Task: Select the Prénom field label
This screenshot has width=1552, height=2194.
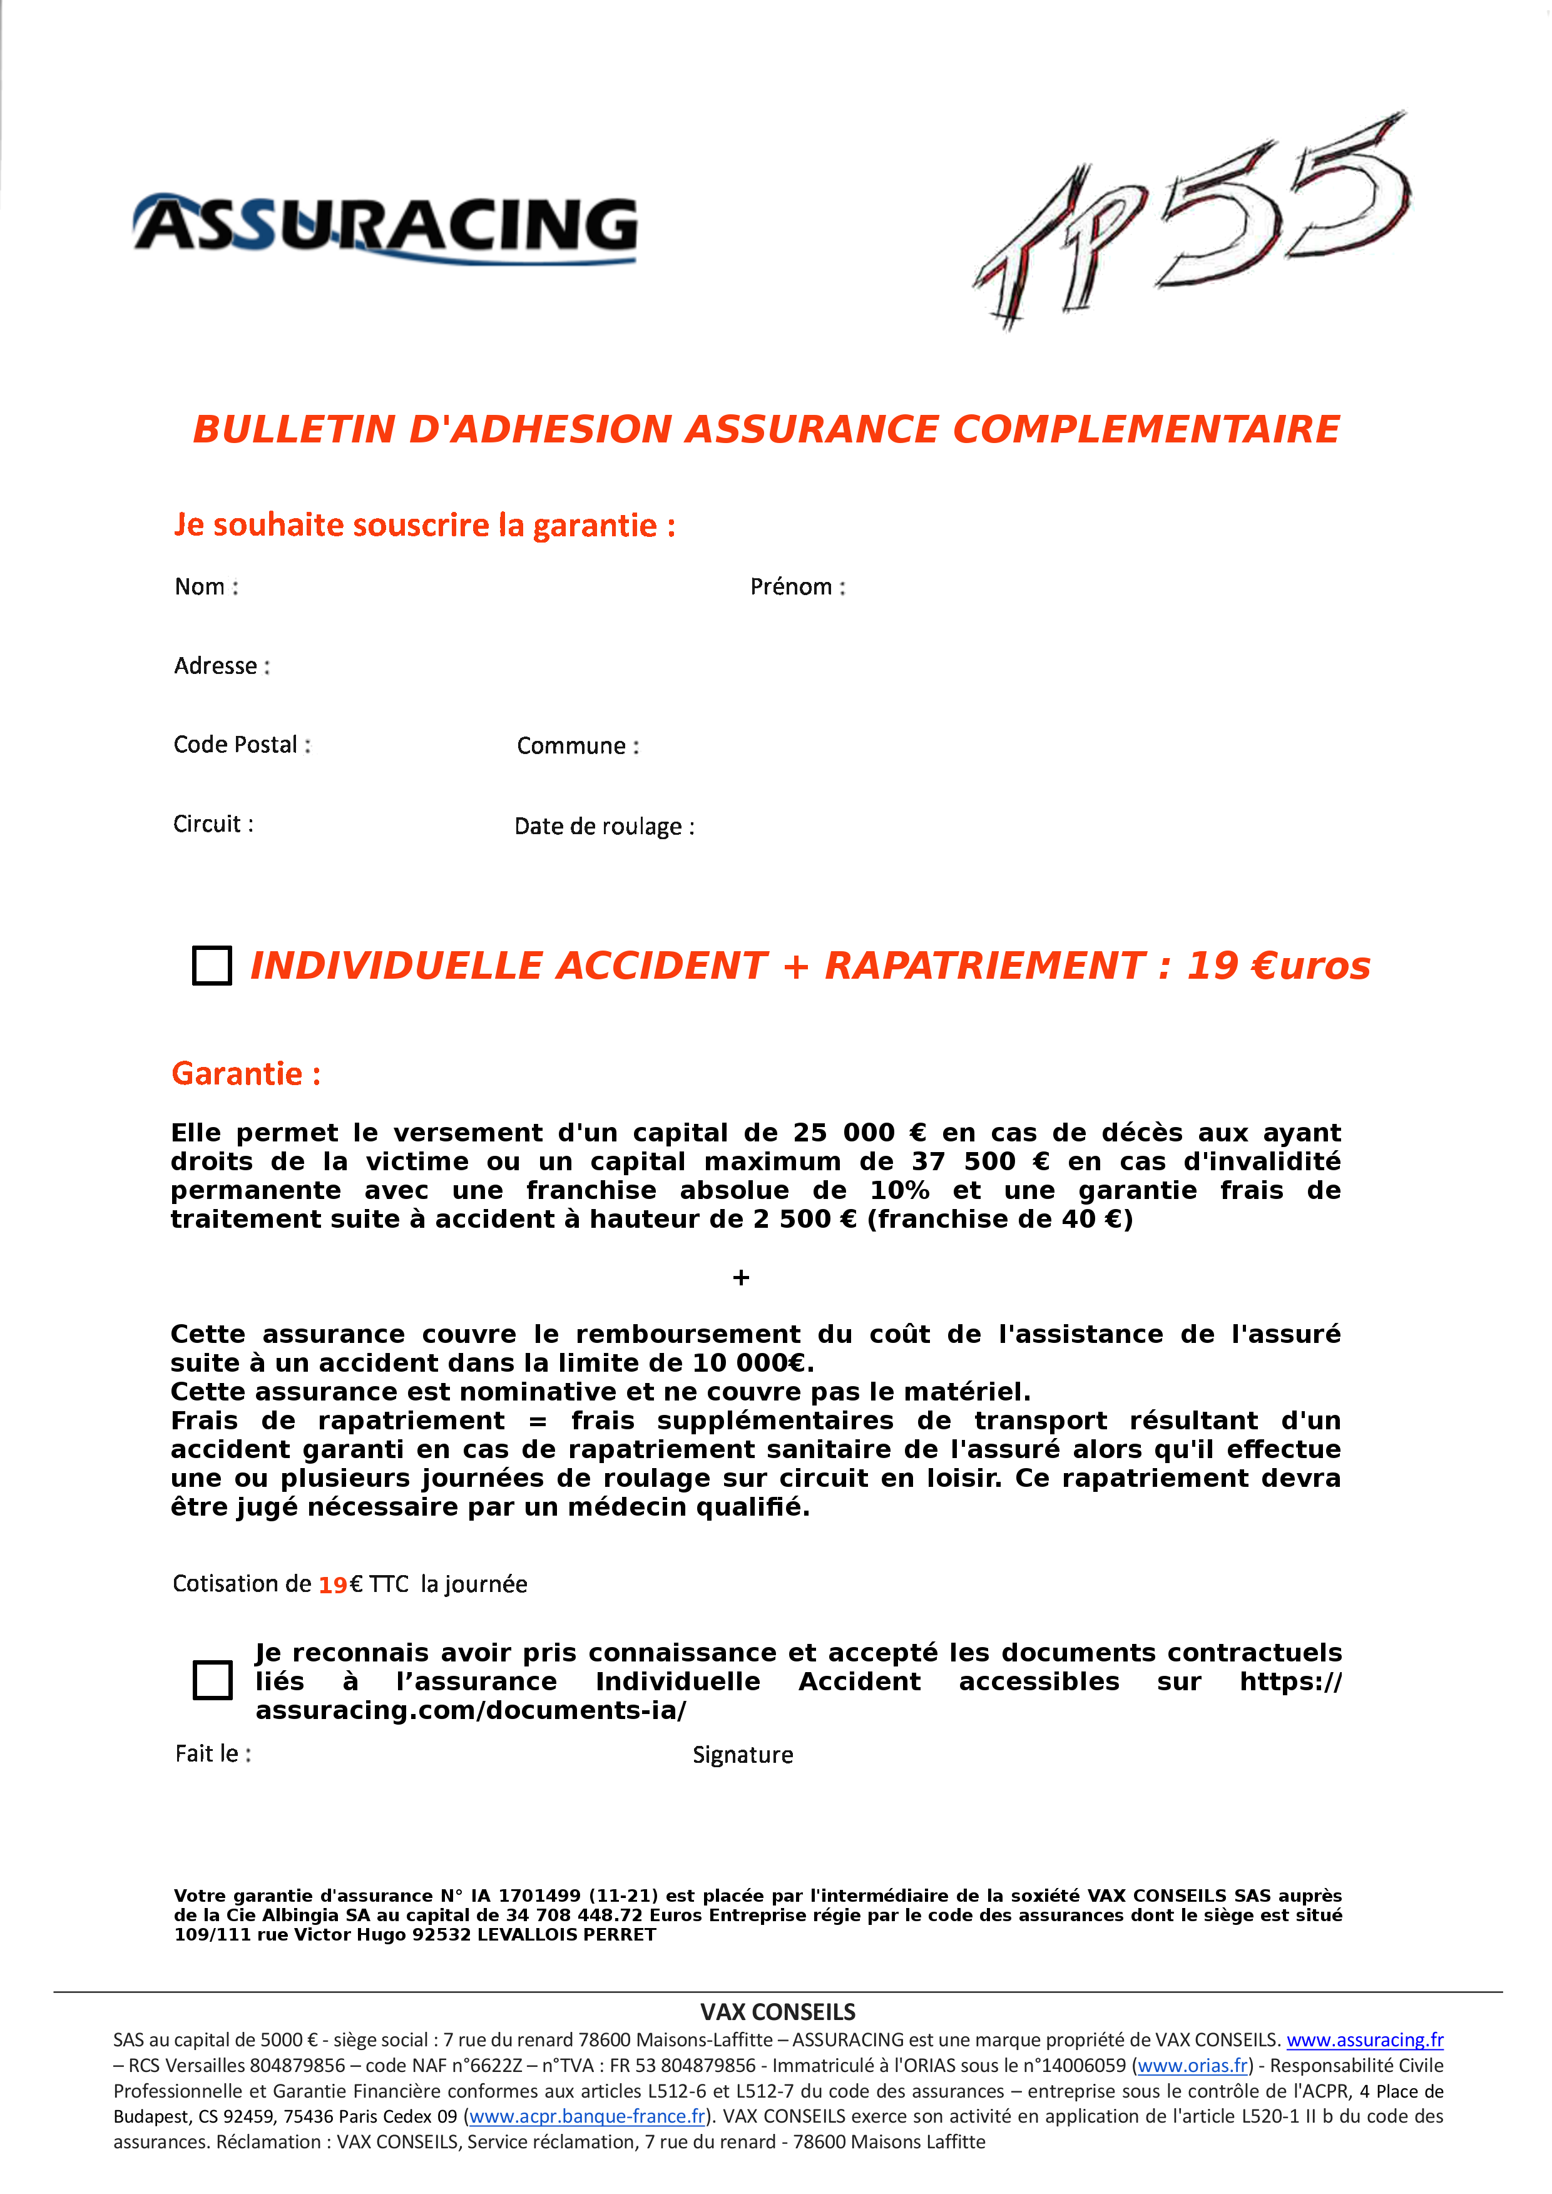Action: pos(797,587)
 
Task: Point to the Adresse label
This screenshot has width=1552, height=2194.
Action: pos(222,666)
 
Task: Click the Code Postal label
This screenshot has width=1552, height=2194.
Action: pos(242,745)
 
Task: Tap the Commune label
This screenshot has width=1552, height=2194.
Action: pos(577,747)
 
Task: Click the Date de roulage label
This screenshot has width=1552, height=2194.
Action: pos(604,827)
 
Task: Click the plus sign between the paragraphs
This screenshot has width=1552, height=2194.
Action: pos(740,1278)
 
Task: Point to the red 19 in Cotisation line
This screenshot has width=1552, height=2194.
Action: pos(332,1585)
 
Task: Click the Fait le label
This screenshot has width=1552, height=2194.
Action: pos(212,1753)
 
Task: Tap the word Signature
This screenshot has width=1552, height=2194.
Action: pos(743,1755)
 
